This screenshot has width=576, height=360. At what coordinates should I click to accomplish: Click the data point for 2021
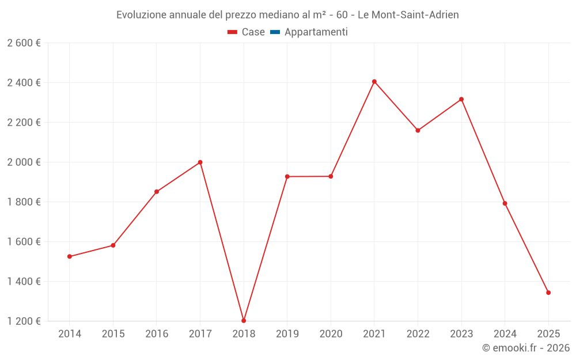(374, 82)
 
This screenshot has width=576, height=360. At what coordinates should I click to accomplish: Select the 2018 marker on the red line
(244, 320)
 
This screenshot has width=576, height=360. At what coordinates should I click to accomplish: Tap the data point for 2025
(548, 293)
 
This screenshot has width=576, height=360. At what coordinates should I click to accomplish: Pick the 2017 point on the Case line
(200, 162)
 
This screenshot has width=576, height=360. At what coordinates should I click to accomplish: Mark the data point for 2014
(70, 256)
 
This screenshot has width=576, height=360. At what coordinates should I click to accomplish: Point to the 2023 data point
(461, 99)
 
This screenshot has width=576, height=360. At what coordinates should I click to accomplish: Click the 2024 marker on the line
(505, 203)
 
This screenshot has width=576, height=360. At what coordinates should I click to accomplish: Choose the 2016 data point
(157, 192)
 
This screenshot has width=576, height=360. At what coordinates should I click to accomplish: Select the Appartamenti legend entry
(316, 32)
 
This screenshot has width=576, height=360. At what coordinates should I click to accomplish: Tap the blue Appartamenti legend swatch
(275, 32)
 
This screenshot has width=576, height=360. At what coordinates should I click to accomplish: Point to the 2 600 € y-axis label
(24, 43)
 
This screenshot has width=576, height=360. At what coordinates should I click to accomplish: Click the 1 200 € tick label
(24, 321)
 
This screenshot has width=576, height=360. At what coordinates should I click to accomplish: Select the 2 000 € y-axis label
(24, 162)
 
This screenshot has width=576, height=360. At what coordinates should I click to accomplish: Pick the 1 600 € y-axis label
(24, 242)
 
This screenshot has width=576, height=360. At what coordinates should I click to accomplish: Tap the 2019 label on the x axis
(287, 334)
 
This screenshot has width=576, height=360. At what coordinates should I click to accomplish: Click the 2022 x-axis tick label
(418, 334)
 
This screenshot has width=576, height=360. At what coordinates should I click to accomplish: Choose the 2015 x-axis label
(113, 334)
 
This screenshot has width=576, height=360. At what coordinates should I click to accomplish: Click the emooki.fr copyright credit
(525, 348)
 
